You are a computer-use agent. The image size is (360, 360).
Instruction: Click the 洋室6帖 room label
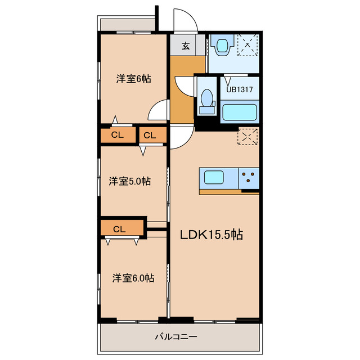(x=133, y=79)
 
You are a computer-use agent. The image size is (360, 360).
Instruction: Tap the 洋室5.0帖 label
(x=130, y=181)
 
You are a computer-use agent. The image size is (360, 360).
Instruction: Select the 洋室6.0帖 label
(x=133, y=278)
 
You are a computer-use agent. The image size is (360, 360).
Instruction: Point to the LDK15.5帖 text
(x=211, y=235)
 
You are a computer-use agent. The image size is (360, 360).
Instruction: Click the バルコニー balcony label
(x=176, y=337)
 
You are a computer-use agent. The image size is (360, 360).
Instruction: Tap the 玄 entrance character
(x=186, y=46)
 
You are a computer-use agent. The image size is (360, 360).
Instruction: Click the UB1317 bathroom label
(x=240, y=89)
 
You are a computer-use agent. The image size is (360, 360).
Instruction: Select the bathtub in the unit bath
(x=240, y=112)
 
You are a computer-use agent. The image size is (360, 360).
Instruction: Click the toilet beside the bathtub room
(x=207, y=101)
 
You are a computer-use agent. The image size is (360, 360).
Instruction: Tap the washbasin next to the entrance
(x=222, y=45)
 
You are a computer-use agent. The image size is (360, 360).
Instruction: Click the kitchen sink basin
(x=214, y=177)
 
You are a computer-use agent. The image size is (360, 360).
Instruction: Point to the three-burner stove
(x=249, y=178)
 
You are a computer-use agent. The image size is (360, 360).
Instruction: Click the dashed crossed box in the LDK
(x=247, y=137)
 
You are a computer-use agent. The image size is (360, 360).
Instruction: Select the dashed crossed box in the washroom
(x=247, y=45)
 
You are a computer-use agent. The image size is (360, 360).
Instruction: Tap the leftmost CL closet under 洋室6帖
(x=118, y=135)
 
